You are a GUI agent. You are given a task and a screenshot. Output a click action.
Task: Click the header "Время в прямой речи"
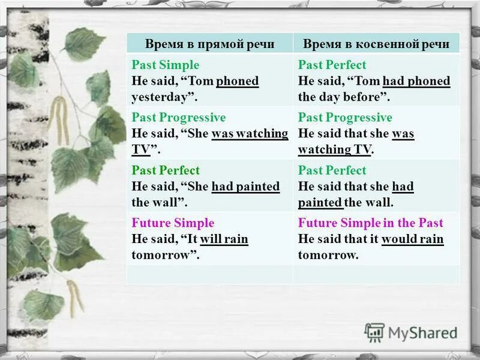(209, 44)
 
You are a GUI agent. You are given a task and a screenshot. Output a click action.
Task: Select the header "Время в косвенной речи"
(376, 44)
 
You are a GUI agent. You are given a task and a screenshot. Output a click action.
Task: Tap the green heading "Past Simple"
(166, 65)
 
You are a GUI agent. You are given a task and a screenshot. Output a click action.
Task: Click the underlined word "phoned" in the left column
(238, 81)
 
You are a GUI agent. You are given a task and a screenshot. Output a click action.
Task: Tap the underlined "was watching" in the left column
(250, 134)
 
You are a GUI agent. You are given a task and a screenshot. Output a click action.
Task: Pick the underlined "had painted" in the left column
(245, 187)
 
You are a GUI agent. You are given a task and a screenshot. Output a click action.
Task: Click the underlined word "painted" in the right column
(320, 202)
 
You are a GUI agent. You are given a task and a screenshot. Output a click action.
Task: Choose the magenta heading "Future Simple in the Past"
(371, 223)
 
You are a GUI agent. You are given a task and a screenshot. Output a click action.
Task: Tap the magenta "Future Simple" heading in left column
(173, 223)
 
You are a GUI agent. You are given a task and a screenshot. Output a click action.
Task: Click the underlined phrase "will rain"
(224, 239)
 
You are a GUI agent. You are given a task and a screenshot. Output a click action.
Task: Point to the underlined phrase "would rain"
(413, 239)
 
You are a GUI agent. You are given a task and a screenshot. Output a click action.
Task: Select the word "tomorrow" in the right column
(327, 254)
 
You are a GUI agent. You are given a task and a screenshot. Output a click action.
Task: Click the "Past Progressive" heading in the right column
(345, 117)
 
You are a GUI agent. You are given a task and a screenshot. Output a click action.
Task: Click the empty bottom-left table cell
(209, 274)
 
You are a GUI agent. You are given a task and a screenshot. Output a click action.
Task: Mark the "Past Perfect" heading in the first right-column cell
(332, 65)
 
